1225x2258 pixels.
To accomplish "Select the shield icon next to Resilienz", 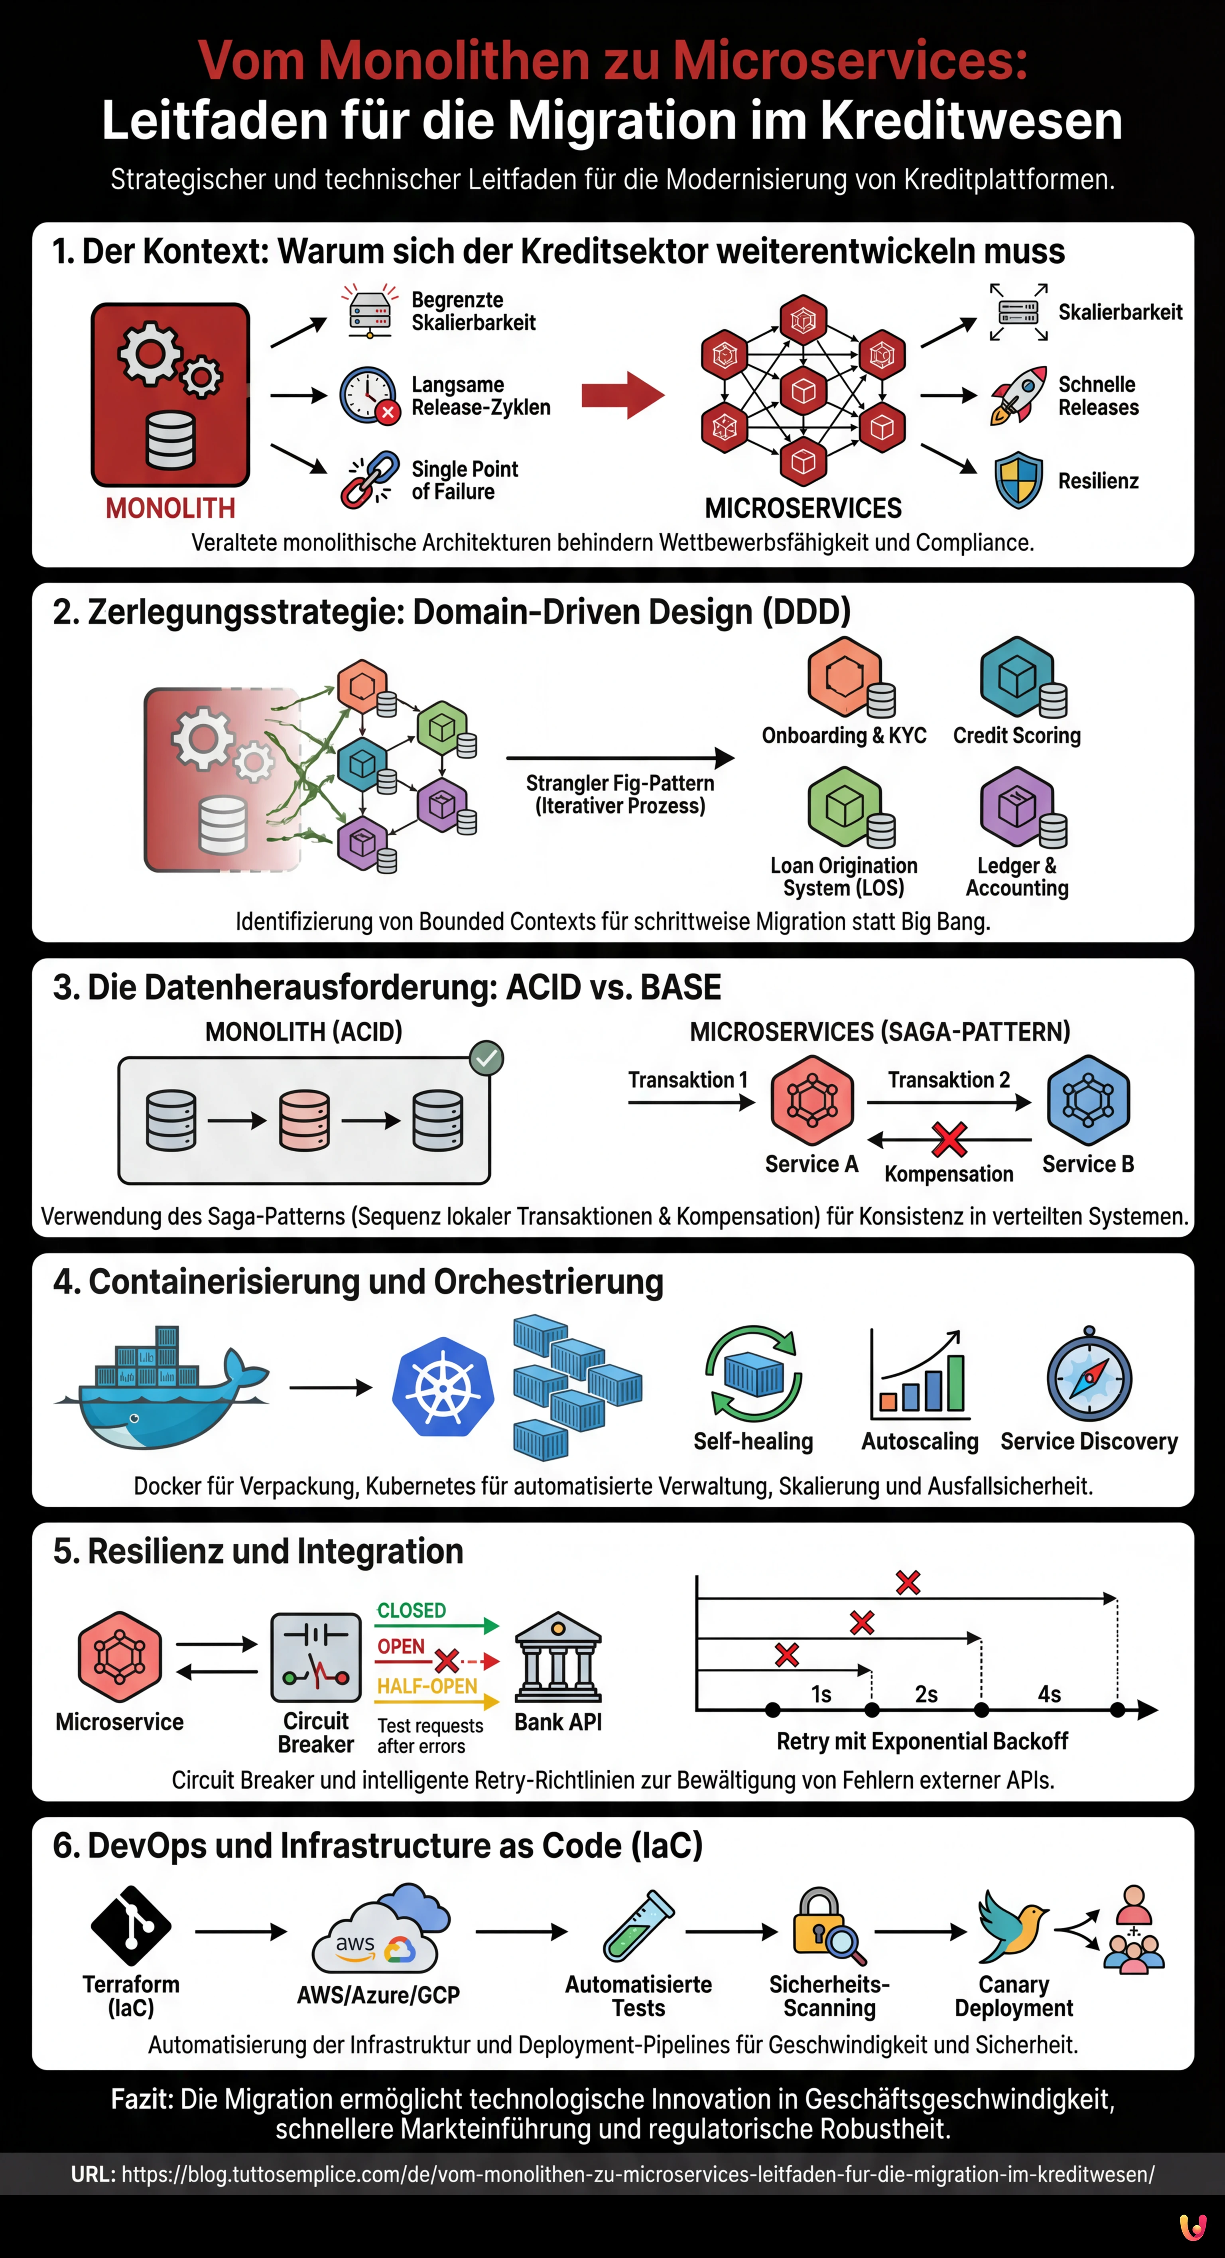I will point(1018,480).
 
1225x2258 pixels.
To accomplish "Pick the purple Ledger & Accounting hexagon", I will point(1016,806).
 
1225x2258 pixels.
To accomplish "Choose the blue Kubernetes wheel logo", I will point(443,1387).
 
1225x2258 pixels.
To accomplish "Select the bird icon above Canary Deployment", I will point(1012,1925).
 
